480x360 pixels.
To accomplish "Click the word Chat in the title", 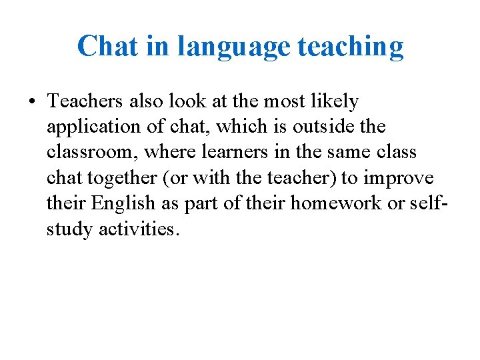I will click(106, 47).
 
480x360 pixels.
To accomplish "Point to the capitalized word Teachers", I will click(84, 101).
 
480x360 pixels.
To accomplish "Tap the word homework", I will click(331, 203).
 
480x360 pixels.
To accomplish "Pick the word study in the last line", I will click(69, 229).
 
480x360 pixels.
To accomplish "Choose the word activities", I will click(139, 229).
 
